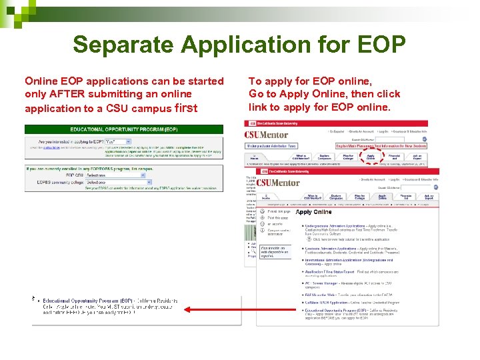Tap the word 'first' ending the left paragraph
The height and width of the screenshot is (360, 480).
point(185,107)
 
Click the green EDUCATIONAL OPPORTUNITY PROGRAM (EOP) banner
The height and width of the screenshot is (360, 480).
point(124,129)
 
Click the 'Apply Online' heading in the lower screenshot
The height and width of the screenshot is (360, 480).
point(313,212)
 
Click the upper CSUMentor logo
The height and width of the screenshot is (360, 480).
point(266,135)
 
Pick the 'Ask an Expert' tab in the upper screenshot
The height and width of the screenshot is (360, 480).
point(417,157)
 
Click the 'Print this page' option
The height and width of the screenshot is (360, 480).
point(280,211)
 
